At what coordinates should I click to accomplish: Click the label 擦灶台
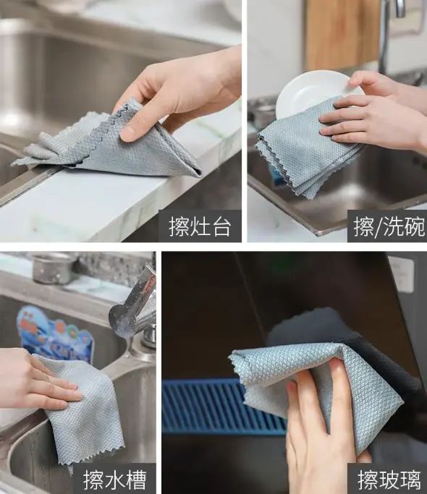pos(200,226)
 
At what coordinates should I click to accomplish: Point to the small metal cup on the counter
pos(53,268)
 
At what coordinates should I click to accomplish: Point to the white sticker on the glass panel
pos(401,274)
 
